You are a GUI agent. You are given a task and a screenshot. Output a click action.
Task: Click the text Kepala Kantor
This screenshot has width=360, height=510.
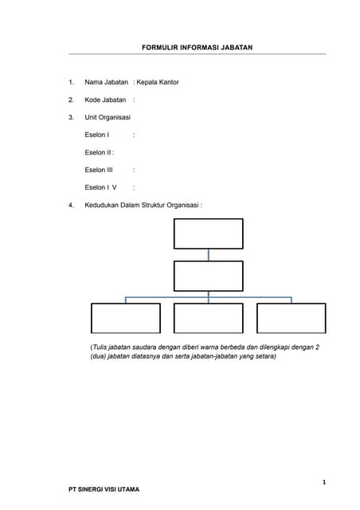[x=158, y=82]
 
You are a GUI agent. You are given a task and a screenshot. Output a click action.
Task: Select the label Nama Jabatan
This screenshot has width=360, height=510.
[x=106, y=82]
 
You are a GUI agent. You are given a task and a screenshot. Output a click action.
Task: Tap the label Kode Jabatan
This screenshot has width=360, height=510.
[x=105, y=100]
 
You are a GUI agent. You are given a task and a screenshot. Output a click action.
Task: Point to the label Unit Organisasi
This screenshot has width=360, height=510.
[x=108, y=117]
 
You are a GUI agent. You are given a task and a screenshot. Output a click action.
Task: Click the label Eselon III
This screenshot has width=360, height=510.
[x=99, y=170]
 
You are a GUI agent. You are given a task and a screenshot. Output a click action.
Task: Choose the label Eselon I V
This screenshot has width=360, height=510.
[x=100, y=187]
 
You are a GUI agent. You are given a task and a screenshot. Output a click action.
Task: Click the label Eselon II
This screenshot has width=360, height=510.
[x=98, y=152]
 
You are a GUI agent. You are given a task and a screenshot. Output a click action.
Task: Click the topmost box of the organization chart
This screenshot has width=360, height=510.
[x=208, y=233]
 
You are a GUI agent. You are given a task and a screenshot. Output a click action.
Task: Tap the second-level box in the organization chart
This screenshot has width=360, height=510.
[x=208, y=276]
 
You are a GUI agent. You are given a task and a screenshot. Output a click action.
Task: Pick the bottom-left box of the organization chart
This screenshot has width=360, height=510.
[x=125, y=318]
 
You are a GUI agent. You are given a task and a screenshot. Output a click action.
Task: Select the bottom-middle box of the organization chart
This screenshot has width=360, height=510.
[x=208, y=318]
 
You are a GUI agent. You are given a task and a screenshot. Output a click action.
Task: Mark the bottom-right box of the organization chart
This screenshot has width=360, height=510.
[x=291, y=318]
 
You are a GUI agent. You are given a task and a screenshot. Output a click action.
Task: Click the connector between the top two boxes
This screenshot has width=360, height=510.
[x=209, y=254]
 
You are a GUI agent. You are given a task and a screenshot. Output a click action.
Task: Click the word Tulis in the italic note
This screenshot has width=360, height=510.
[x=100, y=347]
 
